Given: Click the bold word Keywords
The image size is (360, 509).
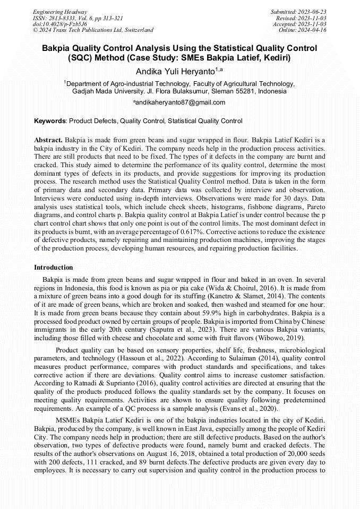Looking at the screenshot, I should click(x=50, y=121).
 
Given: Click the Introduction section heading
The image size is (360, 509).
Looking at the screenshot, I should click(x=53, y=267).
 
